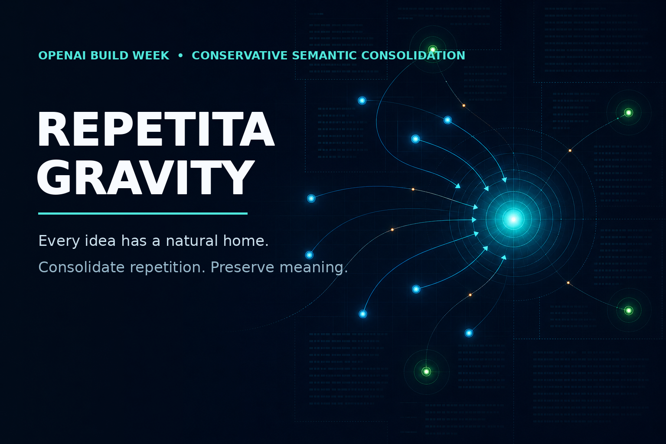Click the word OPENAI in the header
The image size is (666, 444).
[62, 55]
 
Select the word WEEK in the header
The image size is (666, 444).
[153, 55]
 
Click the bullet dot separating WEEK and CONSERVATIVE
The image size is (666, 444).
[180, 55]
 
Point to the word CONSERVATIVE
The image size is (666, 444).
[240, 55]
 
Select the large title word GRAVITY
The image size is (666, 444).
[145, 177]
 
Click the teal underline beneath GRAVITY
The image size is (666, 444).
[143, 213]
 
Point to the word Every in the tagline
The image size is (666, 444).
[59, 241]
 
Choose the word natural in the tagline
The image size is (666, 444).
[192, 241]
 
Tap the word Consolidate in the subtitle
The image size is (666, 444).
[82, 267]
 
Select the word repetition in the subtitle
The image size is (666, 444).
[168, 268]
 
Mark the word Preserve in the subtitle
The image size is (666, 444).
[242, 267]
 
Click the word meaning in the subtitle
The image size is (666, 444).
[313, 268]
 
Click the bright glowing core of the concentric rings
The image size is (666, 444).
[513, 219]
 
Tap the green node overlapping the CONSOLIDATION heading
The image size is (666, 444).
[433, 49]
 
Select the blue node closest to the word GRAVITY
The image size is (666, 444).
[311, 198]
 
